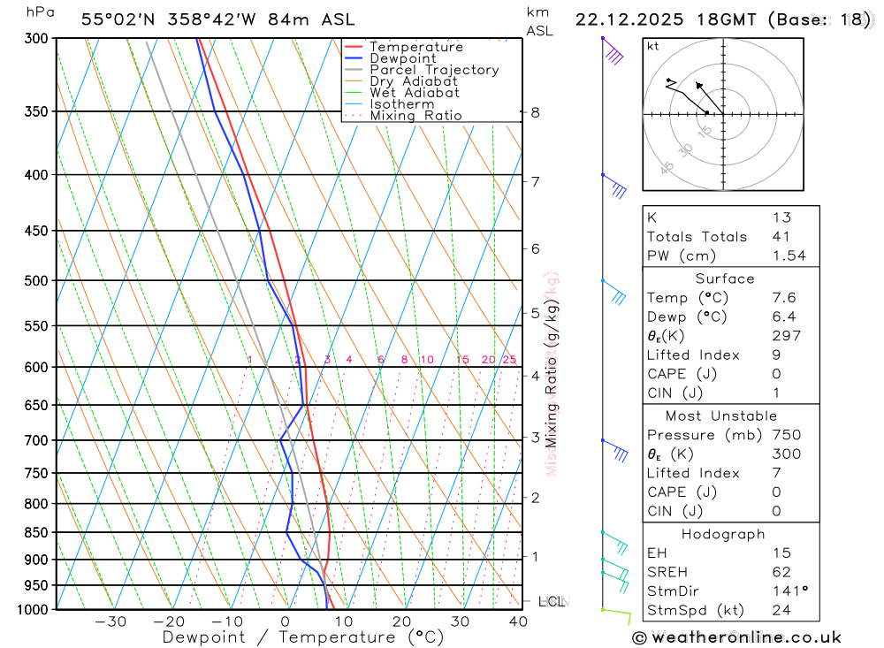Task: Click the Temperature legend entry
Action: (x=415, y=47)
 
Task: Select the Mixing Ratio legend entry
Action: (x=415, y=116)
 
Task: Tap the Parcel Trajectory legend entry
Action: (x=434, y=70)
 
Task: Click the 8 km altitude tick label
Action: (x=535, y=112)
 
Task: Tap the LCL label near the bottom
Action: (x=551, y=601)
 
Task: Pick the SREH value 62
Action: (x=781, y=572)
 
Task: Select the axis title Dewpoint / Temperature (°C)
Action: (x=302, y=637)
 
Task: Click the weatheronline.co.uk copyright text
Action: (x=736, y=637)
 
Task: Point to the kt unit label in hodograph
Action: (x=653, y=46)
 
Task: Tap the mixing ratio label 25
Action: (x=509, y=360)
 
